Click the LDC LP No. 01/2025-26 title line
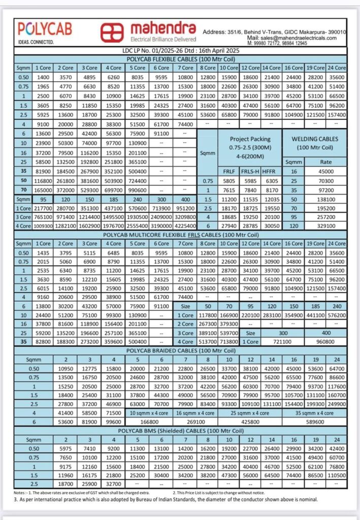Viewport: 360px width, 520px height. pos(181,51)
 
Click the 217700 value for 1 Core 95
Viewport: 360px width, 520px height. pos(43,208)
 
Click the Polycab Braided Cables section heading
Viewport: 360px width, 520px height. pos(181,350)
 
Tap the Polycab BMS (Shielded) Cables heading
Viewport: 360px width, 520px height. pos(181,430)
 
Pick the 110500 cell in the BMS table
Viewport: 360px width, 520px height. pos(337,475)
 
